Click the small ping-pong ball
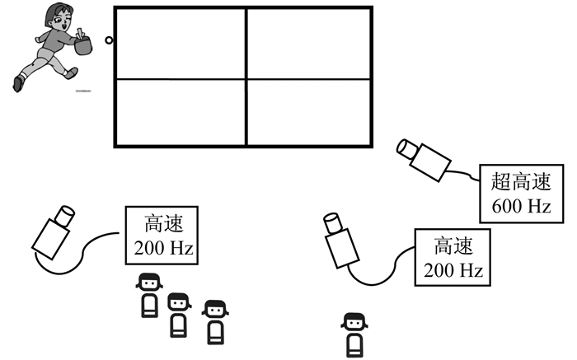tap(108, 40)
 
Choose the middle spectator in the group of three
tap(178, 314)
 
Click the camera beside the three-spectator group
tap(53, 231)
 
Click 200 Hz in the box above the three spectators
tap(160, 245)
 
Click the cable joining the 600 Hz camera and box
tap(467, 174)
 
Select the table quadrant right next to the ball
tap(179, 44)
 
